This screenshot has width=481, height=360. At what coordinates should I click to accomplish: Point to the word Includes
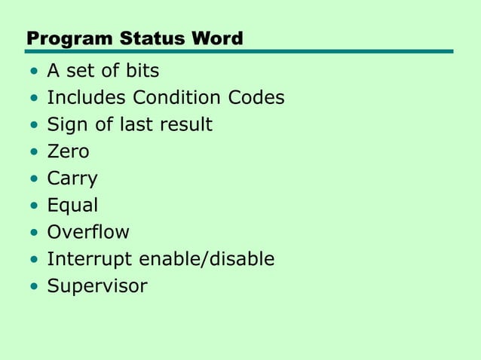pyautogui.click(x=87, y=98)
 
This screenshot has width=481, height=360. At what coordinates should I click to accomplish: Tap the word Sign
pyautogui.click(x=66, y=125)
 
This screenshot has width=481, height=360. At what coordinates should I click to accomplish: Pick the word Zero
pyautogui.click(x=68, y=151)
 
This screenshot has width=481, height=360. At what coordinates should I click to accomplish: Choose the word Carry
pyautogui.click(x=72, y=179)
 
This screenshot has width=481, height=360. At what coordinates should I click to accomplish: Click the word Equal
pyautogui.click(x=72, y=206)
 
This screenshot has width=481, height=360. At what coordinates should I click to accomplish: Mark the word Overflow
pyautogui.click(x=88, y=232)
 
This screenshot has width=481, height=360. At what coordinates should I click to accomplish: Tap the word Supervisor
pyautogui.click(x=97, y=286)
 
